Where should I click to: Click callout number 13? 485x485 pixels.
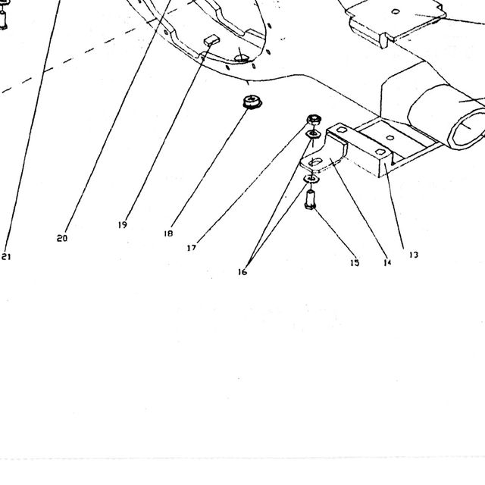[x=414, y=255]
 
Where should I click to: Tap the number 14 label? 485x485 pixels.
[x=387, y=263]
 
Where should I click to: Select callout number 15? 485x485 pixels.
[x=355, y=263]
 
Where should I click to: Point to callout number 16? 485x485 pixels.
[x=242, y=272]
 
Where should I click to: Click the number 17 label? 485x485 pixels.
[x=192, y=248]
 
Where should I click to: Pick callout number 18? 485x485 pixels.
[x=168, y=233]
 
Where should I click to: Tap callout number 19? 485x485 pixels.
[x=123, y=225]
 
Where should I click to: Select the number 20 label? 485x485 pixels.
[x=62, y=239]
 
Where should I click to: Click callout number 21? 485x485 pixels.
[x=6, y=257]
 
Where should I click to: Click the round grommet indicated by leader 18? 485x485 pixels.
[x=252, y=102]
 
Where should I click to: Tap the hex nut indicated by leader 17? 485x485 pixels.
[x=314, y=120]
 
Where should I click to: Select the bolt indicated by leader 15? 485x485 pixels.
[x=310, y=200]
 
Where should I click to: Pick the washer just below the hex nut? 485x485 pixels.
[x=313, y=134]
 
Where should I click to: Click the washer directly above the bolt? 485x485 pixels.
[x=311, y=179]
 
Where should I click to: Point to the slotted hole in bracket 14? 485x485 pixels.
[x=315, y=161]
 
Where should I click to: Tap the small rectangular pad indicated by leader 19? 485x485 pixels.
[x=211, y=40]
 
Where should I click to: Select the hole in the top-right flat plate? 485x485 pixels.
[x=396, y=12]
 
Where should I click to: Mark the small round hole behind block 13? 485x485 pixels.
[x=390, y=138]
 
